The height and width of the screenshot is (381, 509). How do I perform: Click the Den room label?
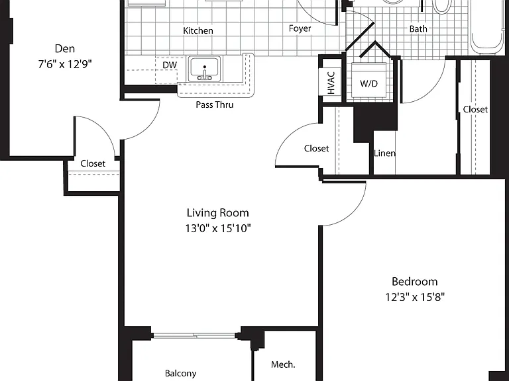[x=65, y=48]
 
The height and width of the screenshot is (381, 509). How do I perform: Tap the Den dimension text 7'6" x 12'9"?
[x=65, y=64]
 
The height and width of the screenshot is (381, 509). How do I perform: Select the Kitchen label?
[x=198, y=31]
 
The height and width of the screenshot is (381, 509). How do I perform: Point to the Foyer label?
[x=300, y=29]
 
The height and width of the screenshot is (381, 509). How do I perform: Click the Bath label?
[x=418, y=29]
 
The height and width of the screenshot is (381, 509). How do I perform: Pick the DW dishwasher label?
[x=170, y=65]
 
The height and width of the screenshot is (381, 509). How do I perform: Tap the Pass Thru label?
[x=215, y=105]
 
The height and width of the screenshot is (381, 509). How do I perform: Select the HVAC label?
[x=331, y=83]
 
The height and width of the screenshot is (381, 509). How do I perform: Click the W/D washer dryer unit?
[x=369, y=80]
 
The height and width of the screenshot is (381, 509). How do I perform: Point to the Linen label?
[x=384, y=153]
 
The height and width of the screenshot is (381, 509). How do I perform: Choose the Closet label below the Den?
[x=93, y=163]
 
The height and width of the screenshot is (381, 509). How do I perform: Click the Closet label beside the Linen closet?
[x=317, y=148]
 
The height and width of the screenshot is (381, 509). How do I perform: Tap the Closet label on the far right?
[x=475, y=110]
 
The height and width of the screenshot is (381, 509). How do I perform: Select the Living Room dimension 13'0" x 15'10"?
[x=218, y=228]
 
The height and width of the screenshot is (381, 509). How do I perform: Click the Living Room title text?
[x=218, y=213]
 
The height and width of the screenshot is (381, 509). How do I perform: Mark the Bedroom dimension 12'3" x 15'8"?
[x=415, y=297]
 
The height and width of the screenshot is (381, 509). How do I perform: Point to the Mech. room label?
[x=283, y=365]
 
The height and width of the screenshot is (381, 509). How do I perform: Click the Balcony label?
[x=181, y=374]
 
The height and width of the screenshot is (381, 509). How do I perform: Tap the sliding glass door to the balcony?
[x=194, y=335]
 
